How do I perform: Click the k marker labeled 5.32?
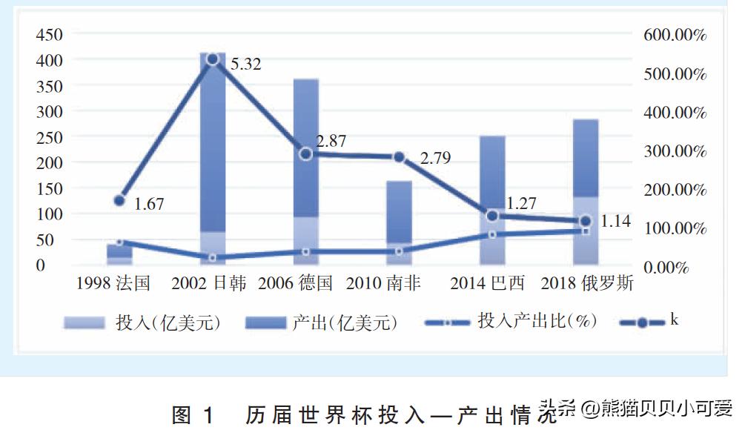click(x=212, y=59)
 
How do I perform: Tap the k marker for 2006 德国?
click(x=305, y=153)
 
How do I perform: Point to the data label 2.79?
click(x=435, y=158)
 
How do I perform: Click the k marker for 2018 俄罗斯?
click(x=585, y=221)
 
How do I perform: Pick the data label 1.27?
click(x=521, y=202)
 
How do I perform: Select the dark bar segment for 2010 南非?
click(x=399, y=211)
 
